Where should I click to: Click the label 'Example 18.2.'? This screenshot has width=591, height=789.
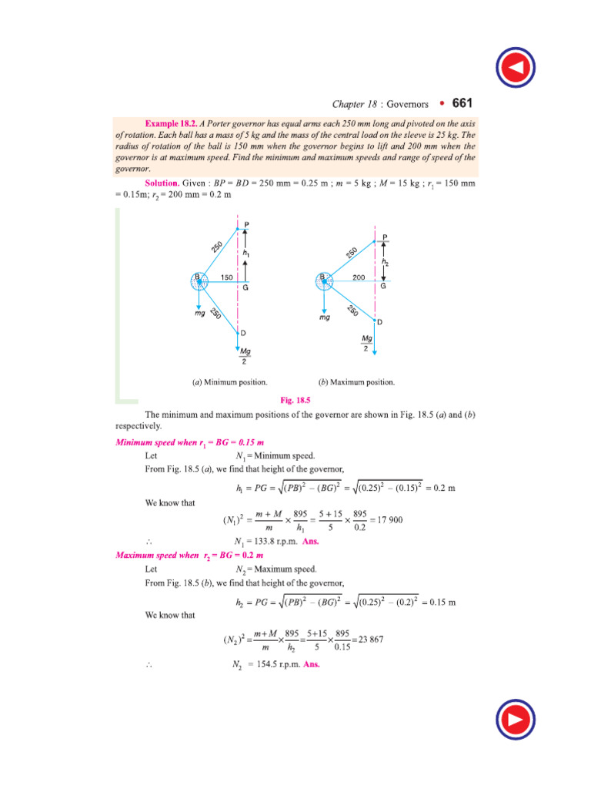point(170,123)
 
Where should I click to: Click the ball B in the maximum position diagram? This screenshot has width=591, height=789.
point(324,281)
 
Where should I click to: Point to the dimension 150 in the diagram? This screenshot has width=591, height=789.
point(227,277)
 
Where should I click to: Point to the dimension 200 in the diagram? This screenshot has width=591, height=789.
point(358,277)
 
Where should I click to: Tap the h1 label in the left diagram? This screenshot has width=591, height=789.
point(246,253)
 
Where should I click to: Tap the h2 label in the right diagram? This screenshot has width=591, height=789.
point(385,263)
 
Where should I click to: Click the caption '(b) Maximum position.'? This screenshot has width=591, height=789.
point(356,381)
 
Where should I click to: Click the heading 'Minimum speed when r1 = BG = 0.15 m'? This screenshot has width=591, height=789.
point(189,442)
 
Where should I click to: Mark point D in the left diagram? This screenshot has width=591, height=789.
point(242,333)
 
